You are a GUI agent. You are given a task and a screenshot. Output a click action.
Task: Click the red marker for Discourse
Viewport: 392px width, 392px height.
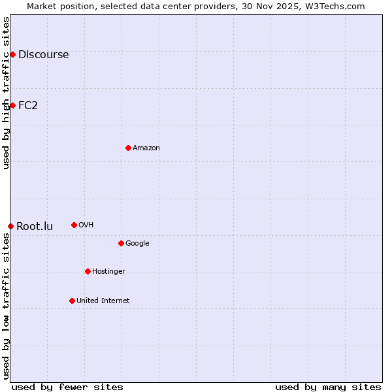pyautogui.click(x=12, y=54)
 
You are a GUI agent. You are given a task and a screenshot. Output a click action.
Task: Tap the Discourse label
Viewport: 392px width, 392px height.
pyautogui.click(x=43, y=55)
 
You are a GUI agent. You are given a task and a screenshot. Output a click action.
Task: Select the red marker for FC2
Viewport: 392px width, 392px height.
pyautogui.click(x=12, y=105)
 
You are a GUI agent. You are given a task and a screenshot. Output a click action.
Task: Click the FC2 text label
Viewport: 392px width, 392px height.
pyautogui.click(x=28, y=106)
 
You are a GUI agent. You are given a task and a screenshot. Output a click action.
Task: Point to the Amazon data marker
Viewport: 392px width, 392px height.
pyautogui.click(x=128, y=148)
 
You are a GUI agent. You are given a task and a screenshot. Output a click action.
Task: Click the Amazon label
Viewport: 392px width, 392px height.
pyautogui.click(x=146, y=148)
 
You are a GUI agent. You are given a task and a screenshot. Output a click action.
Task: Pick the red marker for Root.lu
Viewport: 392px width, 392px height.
pyautogui.click(x=10, y=226)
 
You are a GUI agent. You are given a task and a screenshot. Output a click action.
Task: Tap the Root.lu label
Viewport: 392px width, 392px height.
pyautogui.click(x=35, y=227)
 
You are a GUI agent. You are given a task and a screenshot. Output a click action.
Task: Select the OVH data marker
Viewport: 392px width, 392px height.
pyautogui.click(x=74, y=225)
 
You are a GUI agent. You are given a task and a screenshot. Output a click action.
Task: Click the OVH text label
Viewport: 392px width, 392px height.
pyautogui.click(x=86, y=225)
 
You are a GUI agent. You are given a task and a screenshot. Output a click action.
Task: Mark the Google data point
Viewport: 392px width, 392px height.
pyautogui.click(x=121, y=243)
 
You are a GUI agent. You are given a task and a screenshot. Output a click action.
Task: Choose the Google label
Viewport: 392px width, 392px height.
pyautogui.click(x=137, y=244)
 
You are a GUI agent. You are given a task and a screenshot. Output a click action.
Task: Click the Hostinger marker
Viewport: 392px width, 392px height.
pyautogui.click(x=88, y=271)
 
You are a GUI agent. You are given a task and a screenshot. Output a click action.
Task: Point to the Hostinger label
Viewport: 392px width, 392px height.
pyautogui.click(x=108, y=272)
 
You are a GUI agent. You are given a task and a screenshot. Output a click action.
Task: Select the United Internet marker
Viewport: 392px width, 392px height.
pyautogui.click(x=72, y=301)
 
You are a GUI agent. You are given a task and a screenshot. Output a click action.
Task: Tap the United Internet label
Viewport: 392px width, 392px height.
pyautogui.click(x=103, y=301)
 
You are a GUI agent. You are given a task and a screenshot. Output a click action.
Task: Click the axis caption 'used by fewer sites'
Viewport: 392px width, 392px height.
pyautogui.click(x=67, y=387)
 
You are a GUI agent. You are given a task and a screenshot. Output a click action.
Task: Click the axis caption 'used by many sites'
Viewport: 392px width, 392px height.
pyautogui.click(x=328, y=387)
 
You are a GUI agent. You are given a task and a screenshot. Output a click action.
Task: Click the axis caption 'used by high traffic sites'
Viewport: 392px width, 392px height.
pyautogui.click(x=6, y=93)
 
